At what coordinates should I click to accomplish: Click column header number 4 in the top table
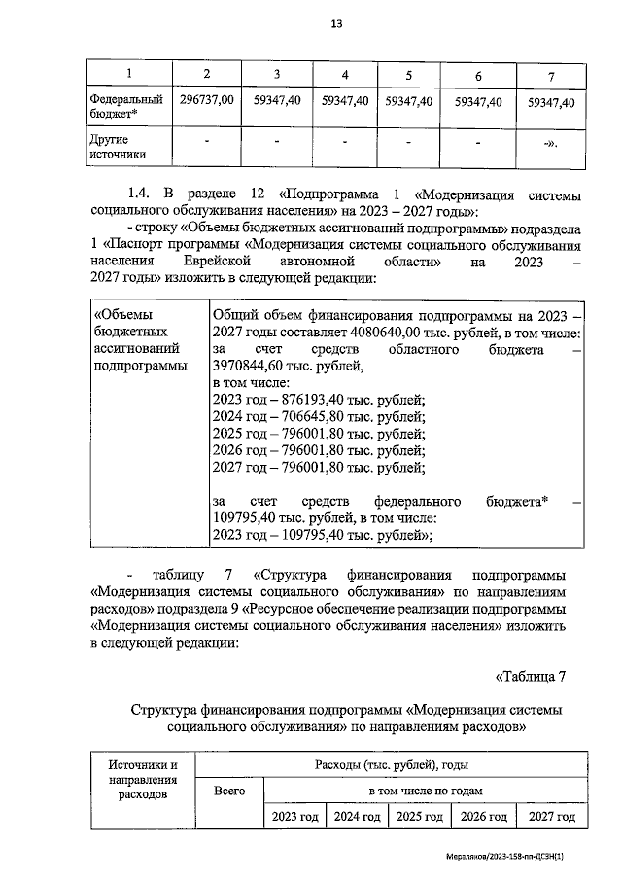(x=345, y=75)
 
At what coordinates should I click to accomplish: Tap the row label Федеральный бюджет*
(x=125, y=107)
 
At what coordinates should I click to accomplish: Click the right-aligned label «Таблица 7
(x=530, y=676)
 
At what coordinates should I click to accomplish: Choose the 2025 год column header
(x=420, y=817)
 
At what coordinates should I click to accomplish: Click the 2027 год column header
(x=545, y=817)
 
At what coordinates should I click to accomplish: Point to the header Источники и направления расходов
(x=143, y=779)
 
